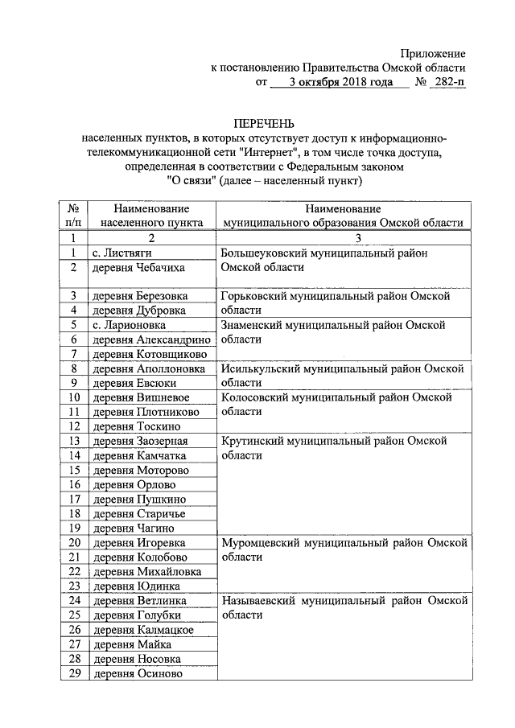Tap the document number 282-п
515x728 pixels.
click(450, 82)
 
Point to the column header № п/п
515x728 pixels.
click(72, 214)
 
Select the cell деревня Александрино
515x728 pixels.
click(151, 339)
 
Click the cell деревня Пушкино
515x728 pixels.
click(138, 499)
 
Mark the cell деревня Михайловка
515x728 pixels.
click(146, 571)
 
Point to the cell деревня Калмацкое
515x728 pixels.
click(143, 629)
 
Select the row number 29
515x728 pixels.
click(73, 673)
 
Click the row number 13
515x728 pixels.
click(73, 441)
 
